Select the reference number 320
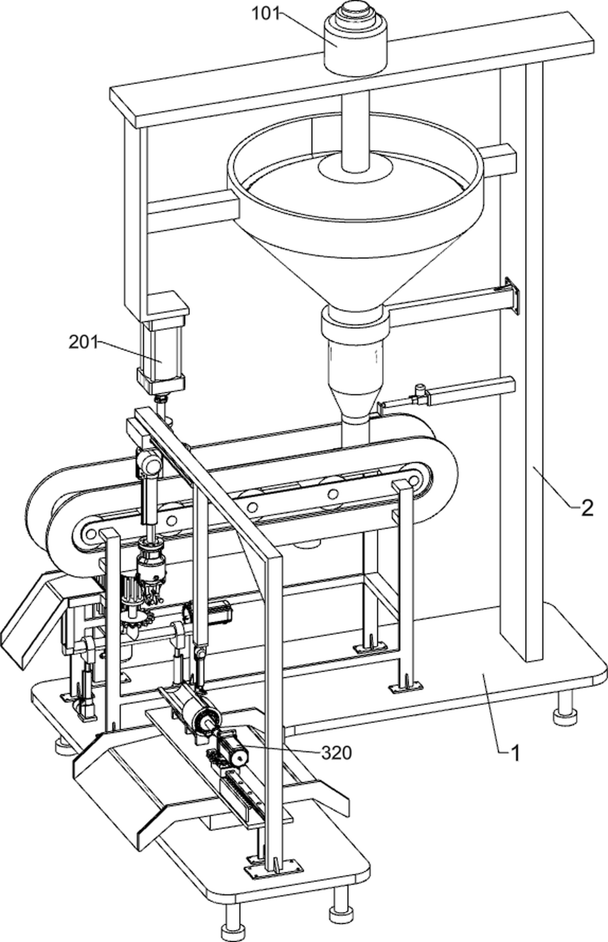pyautogui.click(x=336, y=753)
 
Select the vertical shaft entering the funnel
pyautogui.click(x=355, y=130)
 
